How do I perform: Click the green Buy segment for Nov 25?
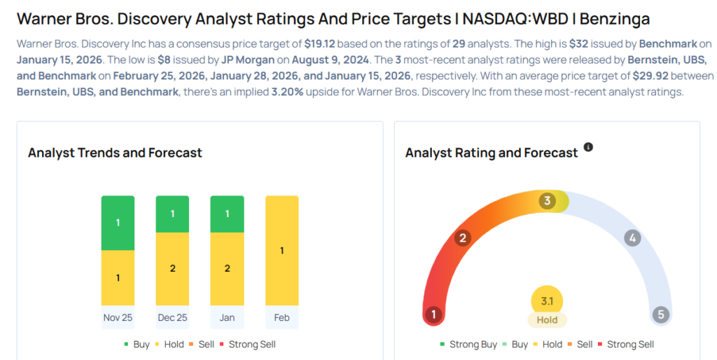[x=118, y=223]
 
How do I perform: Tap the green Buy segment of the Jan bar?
[x=227, y=214]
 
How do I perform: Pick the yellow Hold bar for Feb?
[x=281, y=251]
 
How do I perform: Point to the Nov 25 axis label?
[x=118, y=317]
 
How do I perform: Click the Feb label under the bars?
[x=281, y=317]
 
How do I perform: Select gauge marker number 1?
[x=433, y=314]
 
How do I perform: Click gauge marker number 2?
[x=462, y=238]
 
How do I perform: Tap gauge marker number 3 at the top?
[x=547, y=201]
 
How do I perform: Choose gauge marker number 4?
[x=632, y=238]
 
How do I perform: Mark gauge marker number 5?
[x=660, y=314]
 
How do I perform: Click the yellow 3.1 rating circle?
[x=547, y=301]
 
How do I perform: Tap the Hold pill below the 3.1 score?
[x=547, y=320]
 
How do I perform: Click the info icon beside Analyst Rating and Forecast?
[x=588, y=147]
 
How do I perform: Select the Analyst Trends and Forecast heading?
[x=115, y=153]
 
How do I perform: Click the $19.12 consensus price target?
[x=319, y=43]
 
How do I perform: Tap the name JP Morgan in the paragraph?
[x=247, y=60]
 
